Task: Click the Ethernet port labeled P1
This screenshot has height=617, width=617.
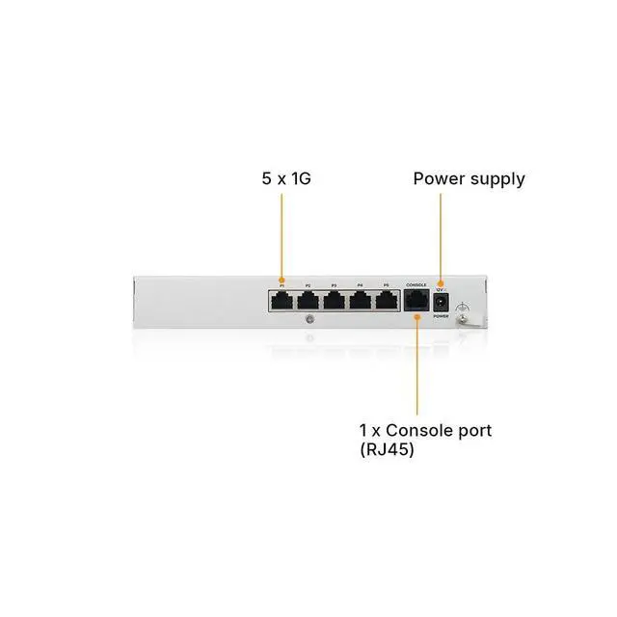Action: click(x=283, y=301)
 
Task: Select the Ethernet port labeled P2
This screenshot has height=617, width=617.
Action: click(x=308, y=301)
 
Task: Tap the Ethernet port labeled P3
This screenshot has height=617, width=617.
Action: click(x=335, y=301)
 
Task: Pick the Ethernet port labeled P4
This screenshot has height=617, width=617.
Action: click(x=360, y=301)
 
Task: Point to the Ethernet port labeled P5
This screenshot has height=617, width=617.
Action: click(x=386, y=301)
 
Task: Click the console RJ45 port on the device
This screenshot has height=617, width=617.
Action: click(x=416, y=302)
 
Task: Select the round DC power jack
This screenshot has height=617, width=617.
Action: click(x=442, y=303)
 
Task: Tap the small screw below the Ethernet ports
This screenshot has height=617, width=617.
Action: click(x=308, y=319)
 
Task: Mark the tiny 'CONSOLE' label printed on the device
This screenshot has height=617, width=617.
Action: click(x=416, y=285)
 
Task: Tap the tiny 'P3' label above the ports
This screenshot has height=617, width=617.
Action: click(x=335, y=286)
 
